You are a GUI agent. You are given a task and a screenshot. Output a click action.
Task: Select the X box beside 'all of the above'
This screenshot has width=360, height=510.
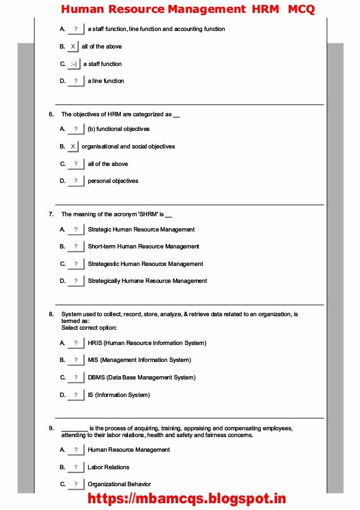[x=73, y=46]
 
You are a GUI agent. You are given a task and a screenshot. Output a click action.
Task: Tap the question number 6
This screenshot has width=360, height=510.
[x=51, y=114]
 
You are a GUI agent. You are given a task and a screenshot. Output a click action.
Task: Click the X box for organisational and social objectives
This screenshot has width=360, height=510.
[x=73, y=146]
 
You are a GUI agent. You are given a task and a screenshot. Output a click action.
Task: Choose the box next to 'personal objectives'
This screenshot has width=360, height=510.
[x=76, y=181]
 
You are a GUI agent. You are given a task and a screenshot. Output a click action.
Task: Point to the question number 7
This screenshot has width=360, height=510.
[x=51, y=214]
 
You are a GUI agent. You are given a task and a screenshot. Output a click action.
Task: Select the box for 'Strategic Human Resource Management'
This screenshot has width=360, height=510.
[x=76, y=229]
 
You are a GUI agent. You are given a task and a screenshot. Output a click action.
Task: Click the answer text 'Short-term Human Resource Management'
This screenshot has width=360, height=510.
[x=143, y=246]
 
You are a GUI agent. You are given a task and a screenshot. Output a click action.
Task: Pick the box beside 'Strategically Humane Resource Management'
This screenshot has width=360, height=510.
[x=76, y=281]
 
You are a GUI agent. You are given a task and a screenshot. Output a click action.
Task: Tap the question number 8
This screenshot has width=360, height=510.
[x=51, y=314]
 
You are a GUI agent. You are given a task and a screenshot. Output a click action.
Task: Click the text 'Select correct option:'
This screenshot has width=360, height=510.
[x=89, y=328]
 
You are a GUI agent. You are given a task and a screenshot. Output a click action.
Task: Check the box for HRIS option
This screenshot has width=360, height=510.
[x=76, y=343]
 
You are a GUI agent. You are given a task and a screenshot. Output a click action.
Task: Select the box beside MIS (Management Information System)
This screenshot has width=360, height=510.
[x=76, y=360]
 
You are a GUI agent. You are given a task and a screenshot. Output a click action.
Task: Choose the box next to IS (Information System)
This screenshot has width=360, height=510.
[x=76, y=395]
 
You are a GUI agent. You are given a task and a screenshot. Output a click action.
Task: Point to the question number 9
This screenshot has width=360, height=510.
[x=51, y=428]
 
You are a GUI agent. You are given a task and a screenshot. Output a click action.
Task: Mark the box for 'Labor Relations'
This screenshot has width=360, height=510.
[x=76, y=467]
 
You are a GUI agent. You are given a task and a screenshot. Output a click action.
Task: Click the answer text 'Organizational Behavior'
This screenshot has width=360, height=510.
[x=119, y=484]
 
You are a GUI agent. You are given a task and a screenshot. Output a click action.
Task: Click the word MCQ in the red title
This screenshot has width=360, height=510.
[x=301, y=9]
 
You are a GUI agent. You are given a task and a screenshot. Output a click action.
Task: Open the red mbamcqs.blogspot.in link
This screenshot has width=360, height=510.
[x=186, y=499]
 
